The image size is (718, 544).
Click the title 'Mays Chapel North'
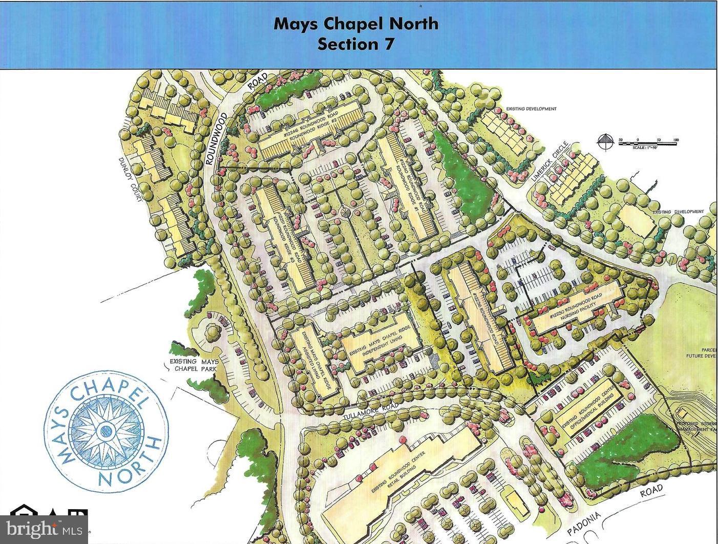click(x=356, y=24)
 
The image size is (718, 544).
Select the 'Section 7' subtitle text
click(x=356, y=44)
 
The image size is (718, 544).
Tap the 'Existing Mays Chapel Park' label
click(x=194, y=365)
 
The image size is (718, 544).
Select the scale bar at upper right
click(x=647, y=143)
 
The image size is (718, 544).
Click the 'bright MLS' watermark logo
click(x=44, y=527)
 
